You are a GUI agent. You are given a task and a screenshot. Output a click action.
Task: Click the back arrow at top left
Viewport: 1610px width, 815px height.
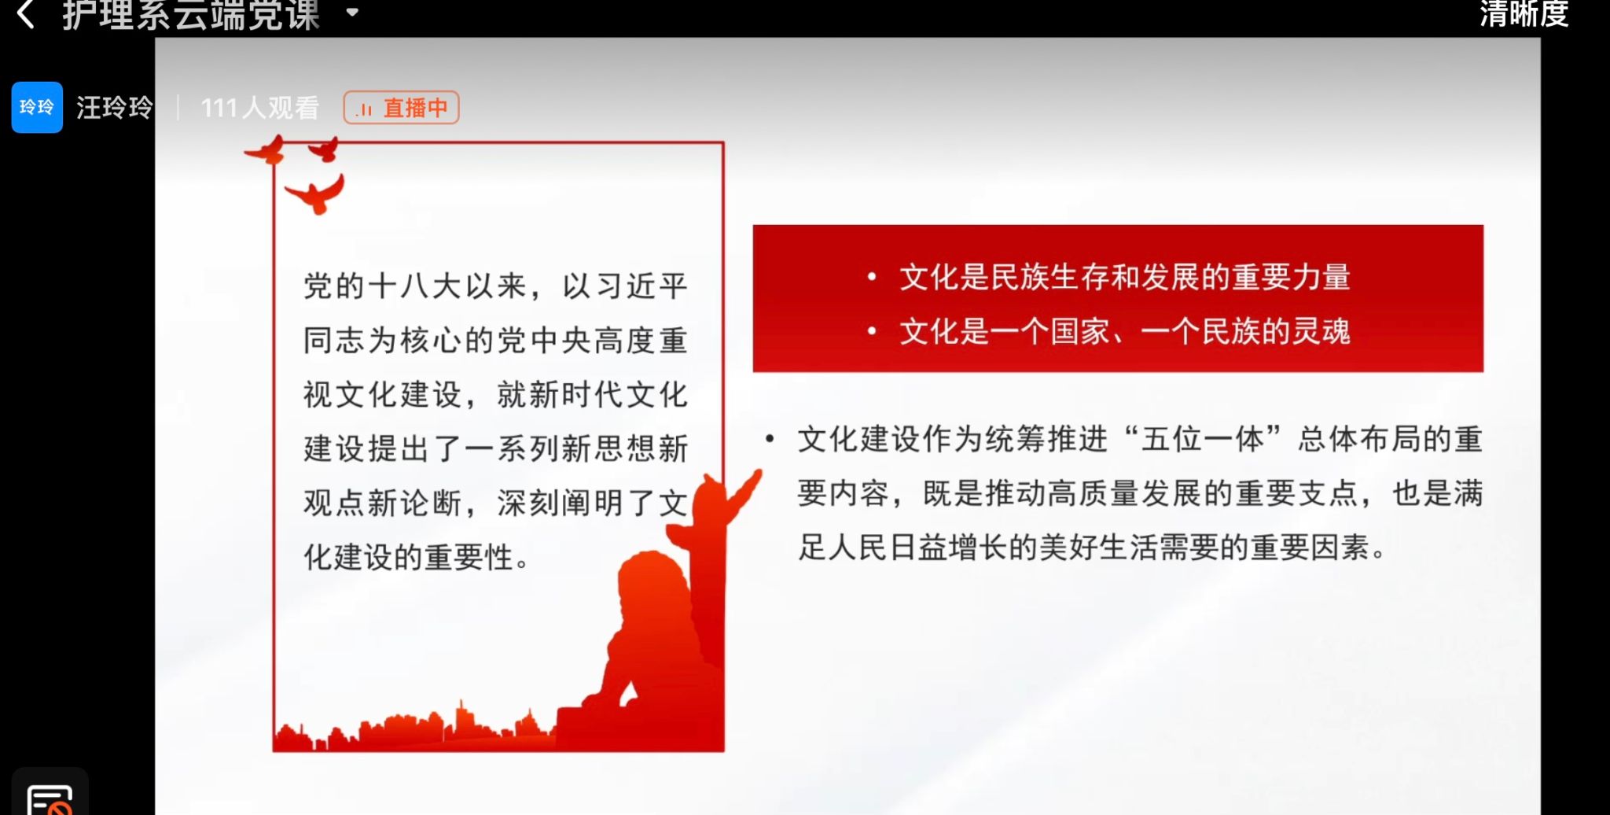25,13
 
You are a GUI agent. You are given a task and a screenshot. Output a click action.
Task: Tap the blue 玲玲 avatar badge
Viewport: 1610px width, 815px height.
37,107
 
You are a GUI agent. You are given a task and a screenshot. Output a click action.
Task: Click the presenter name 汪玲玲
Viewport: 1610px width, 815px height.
115,108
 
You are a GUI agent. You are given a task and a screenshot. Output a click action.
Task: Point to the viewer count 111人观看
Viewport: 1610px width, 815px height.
259,108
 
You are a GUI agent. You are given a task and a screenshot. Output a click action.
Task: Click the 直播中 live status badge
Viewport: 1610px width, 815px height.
401,108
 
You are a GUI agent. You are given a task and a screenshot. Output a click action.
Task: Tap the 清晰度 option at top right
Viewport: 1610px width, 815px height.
1524,13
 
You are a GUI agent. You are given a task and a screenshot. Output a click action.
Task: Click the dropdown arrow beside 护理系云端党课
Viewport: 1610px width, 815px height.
353,13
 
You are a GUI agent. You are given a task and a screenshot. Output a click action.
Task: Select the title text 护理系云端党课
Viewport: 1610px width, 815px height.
191,13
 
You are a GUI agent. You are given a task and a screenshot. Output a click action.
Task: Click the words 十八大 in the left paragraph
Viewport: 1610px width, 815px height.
415,286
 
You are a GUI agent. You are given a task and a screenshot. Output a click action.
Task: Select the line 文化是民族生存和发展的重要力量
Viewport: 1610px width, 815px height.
1125,277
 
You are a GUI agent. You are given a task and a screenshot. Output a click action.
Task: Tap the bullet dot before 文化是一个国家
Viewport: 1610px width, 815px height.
871,331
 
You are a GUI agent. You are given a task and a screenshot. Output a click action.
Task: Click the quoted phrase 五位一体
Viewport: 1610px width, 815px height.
1203,439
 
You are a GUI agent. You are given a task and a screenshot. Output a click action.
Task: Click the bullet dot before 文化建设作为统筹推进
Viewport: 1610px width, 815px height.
770,438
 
